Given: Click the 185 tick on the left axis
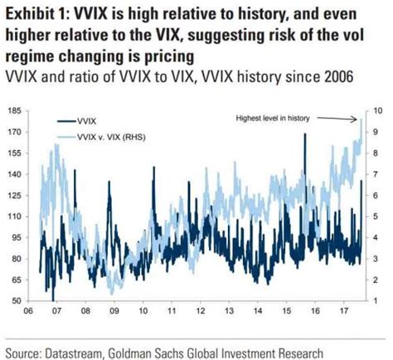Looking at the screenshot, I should coord(14,110).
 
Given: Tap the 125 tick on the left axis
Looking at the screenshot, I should coord(14,196).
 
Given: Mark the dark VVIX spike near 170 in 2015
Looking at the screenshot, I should coord(305,135).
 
